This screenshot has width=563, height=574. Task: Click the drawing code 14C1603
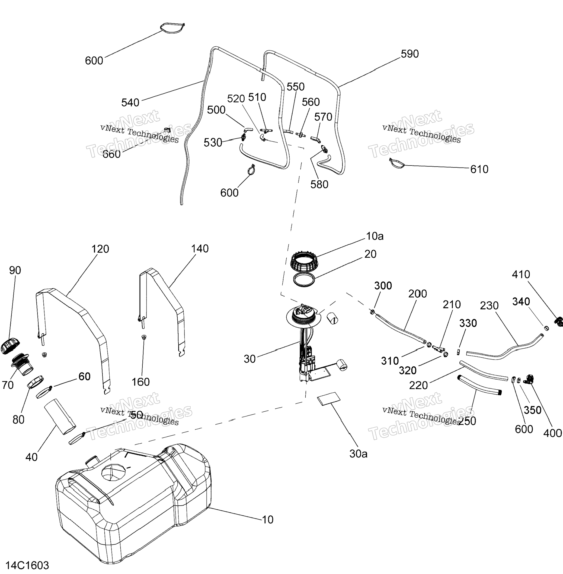coord(27,565)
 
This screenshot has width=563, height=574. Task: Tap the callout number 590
coord(410,54)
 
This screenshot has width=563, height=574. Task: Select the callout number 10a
coord(375,236)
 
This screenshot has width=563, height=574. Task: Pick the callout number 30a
coord(358,454)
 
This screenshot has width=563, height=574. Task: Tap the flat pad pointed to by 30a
coord(328,398)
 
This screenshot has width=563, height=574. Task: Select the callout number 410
coord(521,275)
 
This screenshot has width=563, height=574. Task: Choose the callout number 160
coord(140,382)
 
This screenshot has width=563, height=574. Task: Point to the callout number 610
coord(479,169)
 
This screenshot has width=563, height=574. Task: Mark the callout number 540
coord(130,103)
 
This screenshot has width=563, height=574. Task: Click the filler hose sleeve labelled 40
coord(60,417)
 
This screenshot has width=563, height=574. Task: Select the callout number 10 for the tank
coord(268,519)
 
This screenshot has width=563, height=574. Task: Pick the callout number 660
coord(111,154)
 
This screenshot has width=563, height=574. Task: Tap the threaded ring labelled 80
coord(36,381)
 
